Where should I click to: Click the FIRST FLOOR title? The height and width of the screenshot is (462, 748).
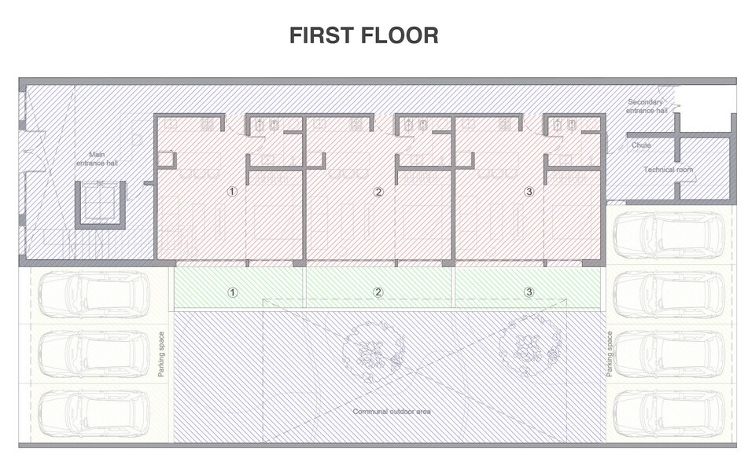[x=364, y=36]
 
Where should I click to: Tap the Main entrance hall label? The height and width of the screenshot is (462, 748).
[x=97, y=159]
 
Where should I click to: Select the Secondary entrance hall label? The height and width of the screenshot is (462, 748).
[x=647, y=106]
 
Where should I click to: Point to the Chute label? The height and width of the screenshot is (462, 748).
[x=641, y=145]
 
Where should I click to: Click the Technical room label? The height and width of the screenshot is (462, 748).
[x=668, y=170]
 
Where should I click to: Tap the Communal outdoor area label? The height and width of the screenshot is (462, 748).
[x=392, y=412]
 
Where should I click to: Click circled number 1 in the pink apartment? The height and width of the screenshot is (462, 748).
[x=232, y=192]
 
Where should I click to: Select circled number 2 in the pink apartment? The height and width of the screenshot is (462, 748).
[x=378, y=192]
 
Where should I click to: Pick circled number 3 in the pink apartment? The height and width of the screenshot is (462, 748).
[x=529, y=192]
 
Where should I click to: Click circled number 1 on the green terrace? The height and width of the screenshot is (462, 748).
[x=232, y=292]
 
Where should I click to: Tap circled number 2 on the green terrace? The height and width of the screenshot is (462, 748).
[x=378, y=292]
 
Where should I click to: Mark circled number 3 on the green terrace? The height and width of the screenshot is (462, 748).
[x=529, y=292]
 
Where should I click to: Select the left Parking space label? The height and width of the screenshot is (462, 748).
[x=161, y=354]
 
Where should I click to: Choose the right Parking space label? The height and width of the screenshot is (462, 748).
[x=610, y=354]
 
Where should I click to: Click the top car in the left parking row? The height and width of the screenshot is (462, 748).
[x=94, y=295]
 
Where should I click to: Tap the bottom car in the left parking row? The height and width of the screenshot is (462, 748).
[x=94, y=413]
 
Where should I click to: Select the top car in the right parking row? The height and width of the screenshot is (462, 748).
[x=669, y=236]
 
